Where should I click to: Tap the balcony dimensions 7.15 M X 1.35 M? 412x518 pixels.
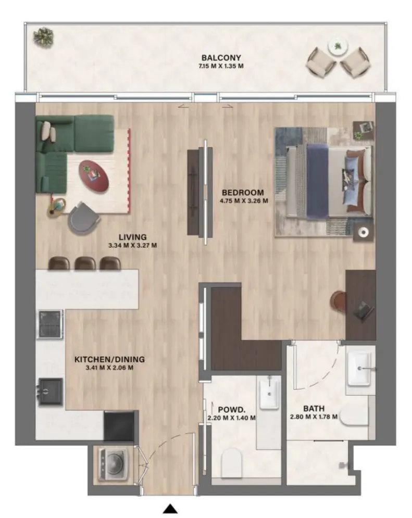[x=221, y=66]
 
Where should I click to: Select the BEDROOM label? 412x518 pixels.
[x=243, y=191]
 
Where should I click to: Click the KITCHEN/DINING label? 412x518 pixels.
[x=109, y=359]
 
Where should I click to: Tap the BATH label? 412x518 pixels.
[x=314, y=409]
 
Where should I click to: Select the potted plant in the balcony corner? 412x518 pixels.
[x=44, y=36]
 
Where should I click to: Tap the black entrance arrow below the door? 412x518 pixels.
[x=170, y=509]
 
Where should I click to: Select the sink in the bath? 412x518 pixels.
[x=360, y=368]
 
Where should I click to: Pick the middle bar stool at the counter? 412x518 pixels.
[x=85, y=263]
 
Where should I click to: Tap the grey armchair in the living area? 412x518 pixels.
[x=83, y=217]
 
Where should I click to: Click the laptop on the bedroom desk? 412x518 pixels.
[x=360, y=311]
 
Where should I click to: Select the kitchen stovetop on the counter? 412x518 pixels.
[x=50, y=324]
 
